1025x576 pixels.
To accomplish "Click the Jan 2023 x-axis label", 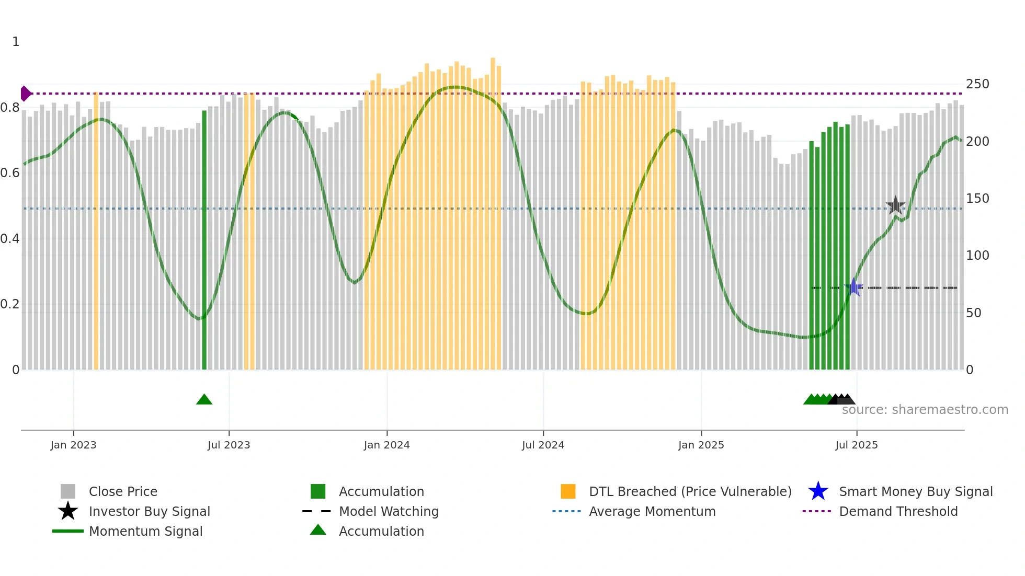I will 73,445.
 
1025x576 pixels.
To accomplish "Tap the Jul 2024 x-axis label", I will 543,445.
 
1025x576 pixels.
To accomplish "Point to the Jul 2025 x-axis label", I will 856,445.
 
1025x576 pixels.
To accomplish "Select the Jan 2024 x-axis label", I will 386,445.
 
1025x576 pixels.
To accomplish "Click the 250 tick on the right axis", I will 977,84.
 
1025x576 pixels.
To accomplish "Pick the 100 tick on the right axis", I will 977,256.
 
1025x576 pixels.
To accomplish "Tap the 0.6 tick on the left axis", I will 10,173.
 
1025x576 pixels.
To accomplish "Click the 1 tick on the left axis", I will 16,42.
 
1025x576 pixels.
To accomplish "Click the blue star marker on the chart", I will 854,287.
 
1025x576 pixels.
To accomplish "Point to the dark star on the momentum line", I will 895,205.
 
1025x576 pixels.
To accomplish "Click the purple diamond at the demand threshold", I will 25,94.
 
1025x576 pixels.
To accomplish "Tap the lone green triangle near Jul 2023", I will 204,400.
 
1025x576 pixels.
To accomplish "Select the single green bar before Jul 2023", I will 204,240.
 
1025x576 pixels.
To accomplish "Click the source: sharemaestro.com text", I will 925,410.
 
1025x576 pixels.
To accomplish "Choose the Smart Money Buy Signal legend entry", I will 915,491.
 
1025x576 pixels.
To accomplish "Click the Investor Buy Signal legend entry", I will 149,511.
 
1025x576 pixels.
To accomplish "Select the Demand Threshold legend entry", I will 898,511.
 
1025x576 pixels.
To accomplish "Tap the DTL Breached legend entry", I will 690,491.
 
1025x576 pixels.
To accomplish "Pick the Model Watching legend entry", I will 388,511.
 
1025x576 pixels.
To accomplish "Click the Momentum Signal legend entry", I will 145,531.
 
